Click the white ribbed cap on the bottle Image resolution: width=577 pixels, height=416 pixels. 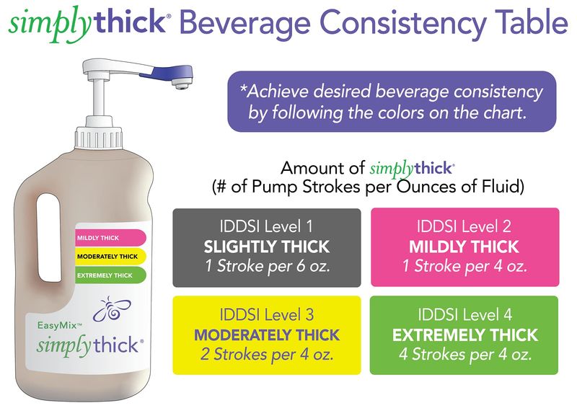[x=98, y=138]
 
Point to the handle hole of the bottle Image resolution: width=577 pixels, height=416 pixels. [x=49, y=237]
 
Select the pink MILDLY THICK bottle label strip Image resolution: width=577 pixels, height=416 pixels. [x=110, y=238]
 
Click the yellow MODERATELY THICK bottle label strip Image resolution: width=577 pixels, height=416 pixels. [x=110, y=257]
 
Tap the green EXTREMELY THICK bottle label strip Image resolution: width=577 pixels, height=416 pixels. [x=110, y=275]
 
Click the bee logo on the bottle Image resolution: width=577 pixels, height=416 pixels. [x=111, y=309]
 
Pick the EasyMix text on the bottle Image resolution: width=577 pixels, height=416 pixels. [x=59, y=325]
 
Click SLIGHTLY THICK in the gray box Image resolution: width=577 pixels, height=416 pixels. [x=266, y=247]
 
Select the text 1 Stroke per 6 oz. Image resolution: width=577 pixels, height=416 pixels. [x=268, y=266]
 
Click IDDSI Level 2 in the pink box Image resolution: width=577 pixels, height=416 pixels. [x=464, y=226]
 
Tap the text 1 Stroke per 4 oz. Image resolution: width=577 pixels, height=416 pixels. [x=464, y=266]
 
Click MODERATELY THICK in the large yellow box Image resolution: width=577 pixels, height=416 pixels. [x=267, y=335]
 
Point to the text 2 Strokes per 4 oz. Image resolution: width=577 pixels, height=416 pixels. [x=267, y=355]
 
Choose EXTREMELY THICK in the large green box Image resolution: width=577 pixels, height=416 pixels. [x=465, y=335]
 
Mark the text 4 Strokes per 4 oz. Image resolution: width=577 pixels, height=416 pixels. [x=465, y=355]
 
